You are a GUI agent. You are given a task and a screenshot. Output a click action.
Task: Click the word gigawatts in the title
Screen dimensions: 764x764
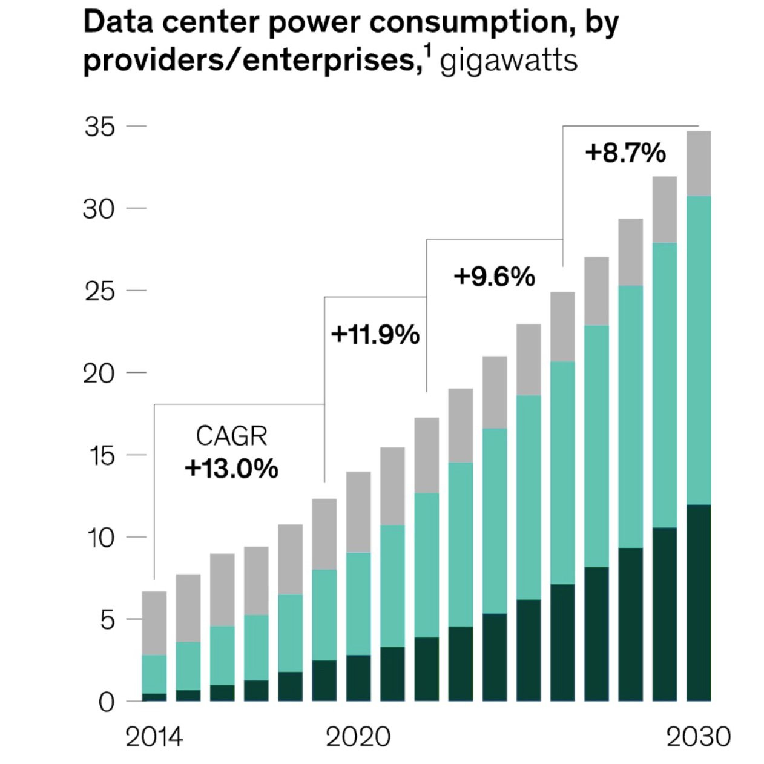[509, 61]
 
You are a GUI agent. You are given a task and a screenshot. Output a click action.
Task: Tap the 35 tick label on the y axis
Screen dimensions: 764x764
[99, 127]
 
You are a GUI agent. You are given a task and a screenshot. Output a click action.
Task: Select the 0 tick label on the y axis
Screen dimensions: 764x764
[107, 703]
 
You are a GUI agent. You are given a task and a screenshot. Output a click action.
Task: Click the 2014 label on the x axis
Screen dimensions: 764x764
[154, 737]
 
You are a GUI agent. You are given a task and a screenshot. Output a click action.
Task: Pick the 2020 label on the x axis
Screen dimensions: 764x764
[358, 737]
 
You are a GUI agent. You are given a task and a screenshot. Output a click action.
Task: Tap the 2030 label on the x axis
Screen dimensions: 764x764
[698, 737]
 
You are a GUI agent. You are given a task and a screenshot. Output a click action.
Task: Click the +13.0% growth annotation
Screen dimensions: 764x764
[231, 469]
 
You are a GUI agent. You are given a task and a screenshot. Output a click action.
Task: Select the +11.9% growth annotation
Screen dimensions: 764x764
[375, 335]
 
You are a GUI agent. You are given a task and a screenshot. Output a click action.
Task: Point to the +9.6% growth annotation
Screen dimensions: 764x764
[494, 277]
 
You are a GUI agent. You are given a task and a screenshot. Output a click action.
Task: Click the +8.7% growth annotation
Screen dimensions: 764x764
[625, 153]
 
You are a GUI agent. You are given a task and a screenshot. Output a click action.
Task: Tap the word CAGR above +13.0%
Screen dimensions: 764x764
[231, 436]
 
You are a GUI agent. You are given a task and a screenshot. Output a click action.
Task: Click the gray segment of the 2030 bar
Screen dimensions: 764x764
[698, 163]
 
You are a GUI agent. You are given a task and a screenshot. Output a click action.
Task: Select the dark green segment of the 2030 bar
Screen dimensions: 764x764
[698, 602]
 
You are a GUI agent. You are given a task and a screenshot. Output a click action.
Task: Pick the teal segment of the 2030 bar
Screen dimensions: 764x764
[698, 350]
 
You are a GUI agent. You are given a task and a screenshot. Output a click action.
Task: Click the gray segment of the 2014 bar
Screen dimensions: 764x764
[154, 623]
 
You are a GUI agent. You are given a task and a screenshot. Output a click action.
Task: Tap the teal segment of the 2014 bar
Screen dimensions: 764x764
[154, 674]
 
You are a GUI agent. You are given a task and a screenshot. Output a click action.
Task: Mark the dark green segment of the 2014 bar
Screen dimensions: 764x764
[154, 697]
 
